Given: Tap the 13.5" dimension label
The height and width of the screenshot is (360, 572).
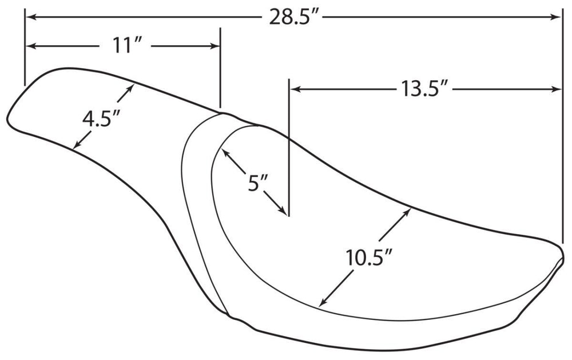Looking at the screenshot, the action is coord(424,89).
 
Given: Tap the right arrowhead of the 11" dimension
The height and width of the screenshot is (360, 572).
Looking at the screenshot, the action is coord(214,46).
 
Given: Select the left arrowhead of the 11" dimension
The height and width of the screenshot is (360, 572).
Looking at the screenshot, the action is coord(31,46).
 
